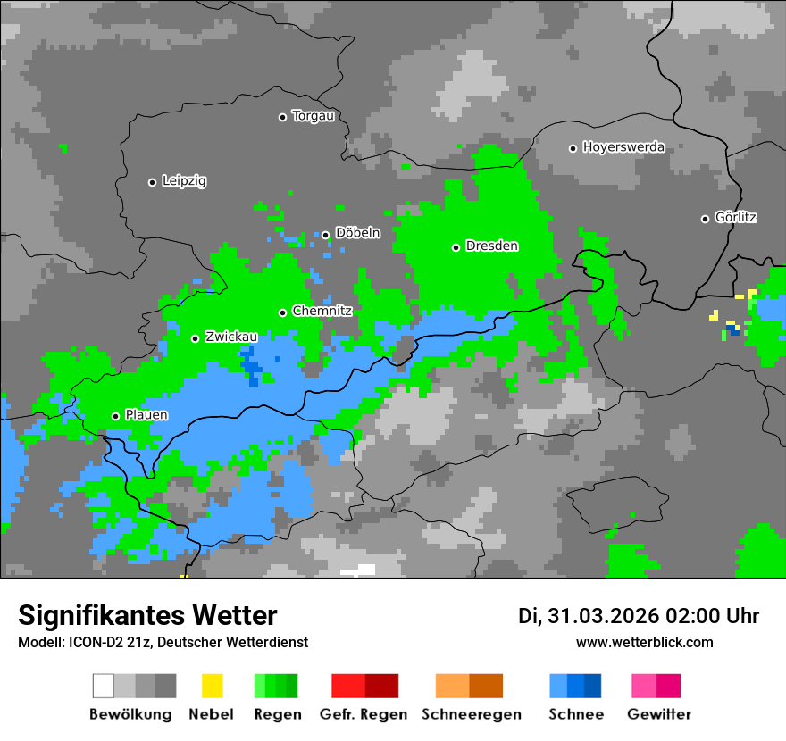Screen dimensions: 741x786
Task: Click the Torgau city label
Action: [x=313, y=116]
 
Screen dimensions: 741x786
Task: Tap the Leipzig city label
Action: [x=184, y=181]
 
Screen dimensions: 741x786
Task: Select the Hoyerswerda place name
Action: [x=623, y=147]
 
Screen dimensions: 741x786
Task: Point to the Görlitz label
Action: [x=736, y=217]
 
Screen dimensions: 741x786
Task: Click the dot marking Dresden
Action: [x=456, y=247]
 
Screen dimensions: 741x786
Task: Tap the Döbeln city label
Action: [x=357, y=233]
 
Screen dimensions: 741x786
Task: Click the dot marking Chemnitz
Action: [x=283, y=312]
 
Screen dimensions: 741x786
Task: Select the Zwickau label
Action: [x=231, y=337]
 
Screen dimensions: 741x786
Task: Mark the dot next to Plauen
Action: [x=115, y=416]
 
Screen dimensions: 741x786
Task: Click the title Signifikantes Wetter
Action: [x=147, y=616]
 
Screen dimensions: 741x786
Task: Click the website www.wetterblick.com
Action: [x=644, y=643]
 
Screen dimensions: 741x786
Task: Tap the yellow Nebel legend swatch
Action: [x=212, y=686]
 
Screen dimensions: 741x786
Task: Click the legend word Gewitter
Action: [x=659, y=714]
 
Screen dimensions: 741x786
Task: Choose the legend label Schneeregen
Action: [x=472, y=714]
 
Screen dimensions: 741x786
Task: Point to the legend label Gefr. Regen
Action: [x=364, y=714]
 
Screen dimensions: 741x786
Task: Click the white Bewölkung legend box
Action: [x=103, y=686]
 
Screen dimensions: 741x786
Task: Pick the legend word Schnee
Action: [x=576, y=714]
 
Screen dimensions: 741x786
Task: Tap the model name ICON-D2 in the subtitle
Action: [x=89, y=643]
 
